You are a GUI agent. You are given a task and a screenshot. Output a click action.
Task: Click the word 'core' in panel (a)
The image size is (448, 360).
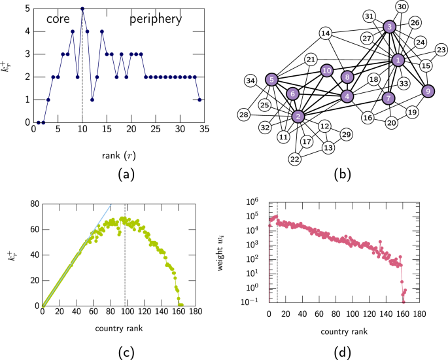coord(58,19)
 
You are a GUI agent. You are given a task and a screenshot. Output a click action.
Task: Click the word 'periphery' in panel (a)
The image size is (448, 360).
coord(156,20)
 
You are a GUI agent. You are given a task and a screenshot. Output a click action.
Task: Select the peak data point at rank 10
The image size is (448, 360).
coord(82,9)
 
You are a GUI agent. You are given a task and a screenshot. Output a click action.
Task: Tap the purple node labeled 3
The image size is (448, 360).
coord(390,27)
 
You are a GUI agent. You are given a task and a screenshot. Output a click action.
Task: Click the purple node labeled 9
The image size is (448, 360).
coord(428,91)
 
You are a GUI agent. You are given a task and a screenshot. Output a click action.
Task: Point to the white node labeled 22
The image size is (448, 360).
coord(295,159)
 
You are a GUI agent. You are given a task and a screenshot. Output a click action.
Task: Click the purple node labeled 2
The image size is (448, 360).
coord(298,117)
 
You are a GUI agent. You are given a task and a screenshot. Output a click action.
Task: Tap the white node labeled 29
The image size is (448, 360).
coord(347,134)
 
